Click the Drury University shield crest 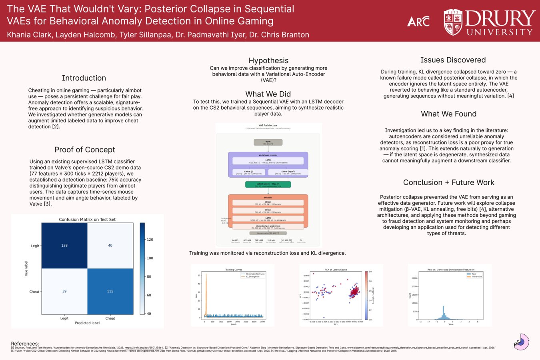pyautogui.click(x=453, y=22)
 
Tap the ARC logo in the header pyautogui.click(x=418, y=22)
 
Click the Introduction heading pyautogui.click(x=84, y=78)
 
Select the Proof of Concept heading pyautogui.click(x=85, y=150)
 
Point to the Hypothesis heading pyautogui.click(x=268, y=60)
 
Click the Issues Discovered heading pyautogui.click(x=453, y=60)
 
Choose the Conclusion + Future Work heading pyautogui.click(x=448, y=182)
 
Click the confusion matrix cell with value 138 pyautogui.click(x=64, y=245)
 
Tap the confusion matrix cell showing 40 pyautogui.click(x=110, y=245)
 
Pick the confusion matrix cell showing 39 pyautogui.click(x=64, y=291)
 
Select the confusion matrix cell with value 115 pyautogui.click(x=110, y=291)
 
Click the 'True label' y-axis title pyautogui.click(x=26, y=268)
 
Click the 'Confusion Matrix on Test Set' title pyautogui.click(x=87, y=219)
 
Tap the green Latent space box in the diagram pyautogui.click(x=268, y=185)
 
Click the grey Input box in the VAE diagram pyautogui.click(x=268, y=142)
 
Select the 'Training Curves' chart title pyautogui.click(x=234, y=270)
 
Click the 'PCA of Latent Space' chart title pyautogui.click(x=336, y=270)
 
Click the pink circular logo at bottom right pyautogui.click(x=522, y=342)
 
